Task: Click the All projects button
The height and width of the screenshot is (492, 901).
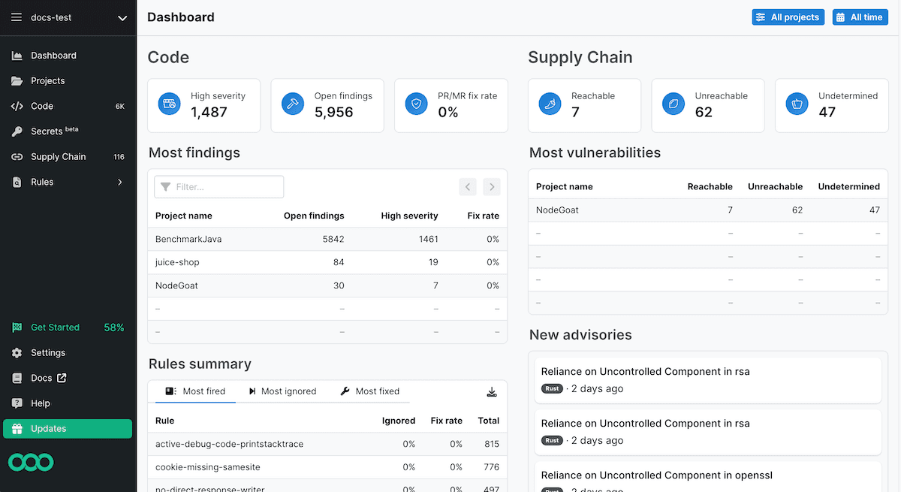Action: pos(788,17)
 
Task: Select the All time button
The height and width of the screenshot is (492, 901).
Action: pos(860,17)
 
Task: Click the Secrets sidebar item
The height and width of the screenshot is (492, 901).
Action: pos(47,131)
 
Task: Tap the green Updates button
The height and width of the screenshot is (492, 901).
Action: pos(68,429)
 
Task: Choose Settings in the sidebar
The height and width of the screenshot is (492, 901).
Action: pos(47,353)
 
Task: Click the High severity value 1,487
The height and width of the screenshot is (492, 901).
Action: pos(209,113)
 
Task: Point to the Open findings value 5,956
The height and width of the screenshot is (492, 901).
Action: pos(333,113)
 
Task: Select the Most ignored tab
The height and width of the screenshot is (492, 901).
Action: pos(282,391)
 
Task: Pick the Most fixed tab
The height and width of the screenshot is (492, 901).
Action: pos(370,391)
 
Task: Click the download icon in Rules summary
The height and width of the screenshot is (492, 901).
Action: pos(492,391)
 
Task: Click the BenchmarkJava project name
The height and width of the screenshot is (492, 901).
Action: pos(188,239)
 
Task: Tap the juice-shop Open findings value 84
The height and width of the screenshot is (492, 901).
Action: pos(339,262)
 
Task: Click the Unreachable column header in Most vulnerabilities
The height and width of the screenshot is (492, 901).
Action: pos(775,186)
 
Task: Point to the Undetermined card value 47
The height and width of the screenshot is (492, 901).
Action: pos(827,113)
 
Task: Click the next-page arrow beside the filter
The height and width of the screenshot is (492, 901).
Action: pos(492,187)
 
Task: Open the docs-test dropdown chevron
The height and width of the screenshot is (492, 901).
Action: pos(122,18)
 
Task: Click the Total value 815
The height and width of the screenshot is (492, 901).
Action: pos(492,444)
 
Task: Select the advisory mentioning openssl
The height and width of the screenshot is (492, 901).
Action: pos(657,475)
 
